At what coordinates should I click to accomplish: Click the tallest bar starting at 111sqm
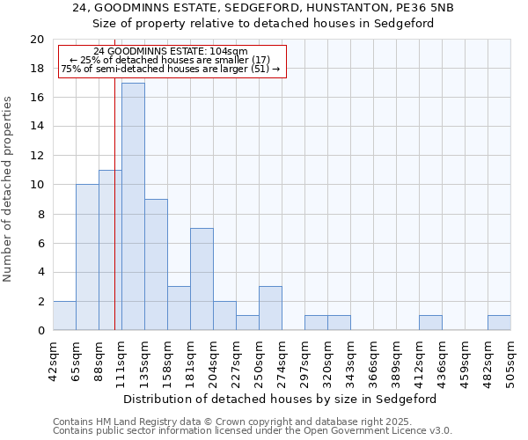pyautogui.click(x=133, y=207)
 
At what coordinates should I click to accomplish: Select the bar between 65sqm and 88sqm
pyautogui.click(x=87, y=257)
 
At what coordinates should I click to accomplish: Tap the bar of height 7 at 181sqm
pyautogui.click(x=202, y=279)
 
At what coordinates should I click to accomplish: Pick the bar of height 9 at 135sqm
pyautogui.click(x=156, y=264)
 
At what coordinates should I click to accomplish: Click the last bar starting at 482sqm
pyautogui.click(x=499, y=323)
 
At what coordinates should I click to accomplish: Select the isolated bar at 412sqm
pyautogui.click(x=430, y=323)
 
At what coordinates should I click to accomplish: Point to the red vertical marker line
pyautogui.click(x=115, y=220)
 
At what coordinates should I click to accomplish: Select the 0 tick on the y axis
pyautogui.click(x=40, y=331)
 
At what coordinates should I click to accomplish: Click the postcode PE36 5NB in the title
pyautogui.click(x=404, y=8)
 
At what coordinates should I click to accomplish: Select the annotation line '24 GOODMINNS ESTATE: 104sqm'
pyautogui.click(x=170, y=52)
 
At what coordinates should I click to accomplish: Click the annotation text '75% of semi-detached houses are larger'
pyautogui.click(x=170, y=69)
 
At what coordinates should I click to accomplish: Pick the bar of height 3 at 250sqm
pyautogui.click(x=270, y=308)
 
